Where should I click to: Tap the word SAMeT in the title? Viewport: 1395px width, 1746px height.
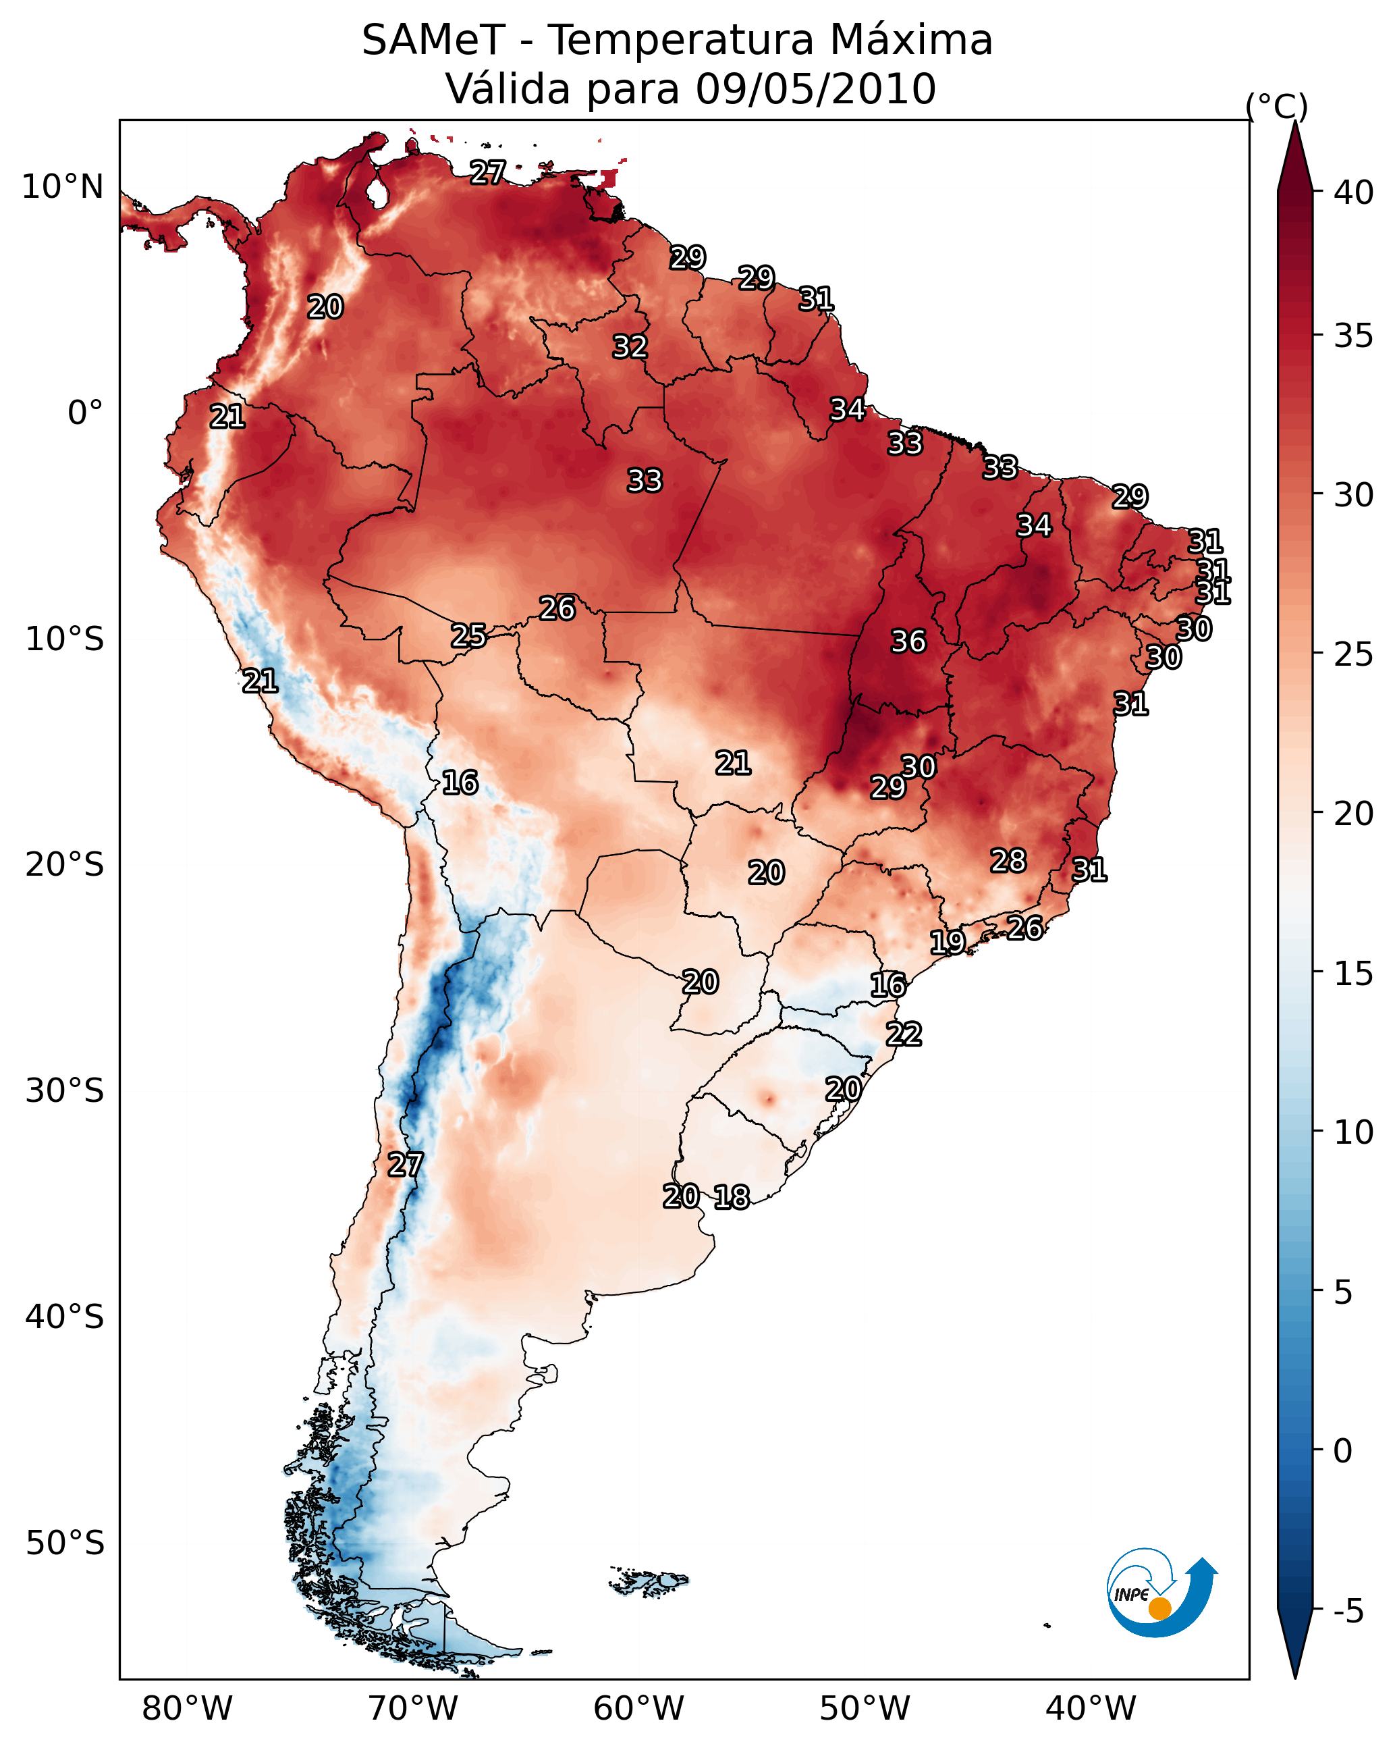(433, 41)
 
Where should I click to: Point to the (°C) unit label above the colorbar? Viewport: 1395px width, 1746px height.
(1276, 106)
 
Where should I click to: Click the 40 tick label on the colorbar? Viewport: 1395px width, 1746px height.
(1354, 192)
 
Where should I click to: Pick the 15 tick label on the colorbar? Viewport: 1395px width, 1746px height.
(1354, 974)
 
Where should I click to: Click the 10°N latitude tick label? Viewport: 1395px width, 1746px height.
(62, 187)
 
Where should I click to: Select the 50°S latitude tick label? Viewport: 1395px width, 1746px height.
(65, 1543)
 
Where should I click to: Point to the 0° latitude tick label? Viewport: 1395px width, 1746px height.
(85, 413)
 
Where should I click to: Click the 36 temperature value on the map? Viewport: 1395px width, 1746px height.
(908, 641)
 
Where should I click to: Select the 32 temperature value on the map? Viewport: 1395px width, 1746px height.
(629, 346)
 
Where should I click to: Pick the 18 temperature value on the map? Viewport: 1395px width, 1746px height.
(731, 1197)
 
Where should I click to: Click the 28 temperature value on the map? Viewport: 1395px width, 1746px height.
(1008, 860)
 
